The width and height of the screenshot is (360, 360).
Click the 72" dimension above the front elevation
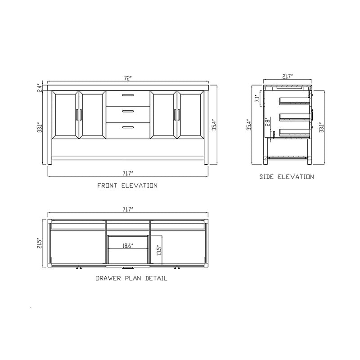[128, 78]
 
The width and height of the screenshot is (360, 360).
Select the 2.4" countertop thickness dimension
[40, 87]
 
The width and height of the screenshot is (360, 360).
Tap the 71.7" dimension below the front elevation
[128, 172]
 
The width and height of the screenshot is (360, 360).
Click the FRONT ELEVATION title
[127, 185]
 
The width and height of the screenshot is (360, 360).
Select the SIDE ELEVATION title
[286, 177]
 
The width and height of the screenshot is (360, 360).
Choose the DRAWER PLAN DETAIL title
[131, 279]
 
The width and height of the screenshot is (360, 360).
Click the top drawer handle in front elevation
[128, 95]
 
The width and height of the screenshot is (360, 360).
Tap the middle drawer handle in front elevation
[128, 111]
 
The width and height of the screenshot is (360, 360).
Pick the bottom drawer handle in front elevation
[128, 127]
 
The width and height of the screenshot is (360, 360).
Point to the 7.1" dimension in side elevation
[256, 99]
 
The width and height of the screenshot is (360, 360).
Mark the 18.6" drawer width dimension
[128, 246]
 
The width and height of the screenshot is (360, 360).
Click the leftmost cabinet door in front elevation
[66, 114]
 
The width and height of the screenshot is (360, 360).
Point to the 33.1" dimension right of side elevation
[320, 128]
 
